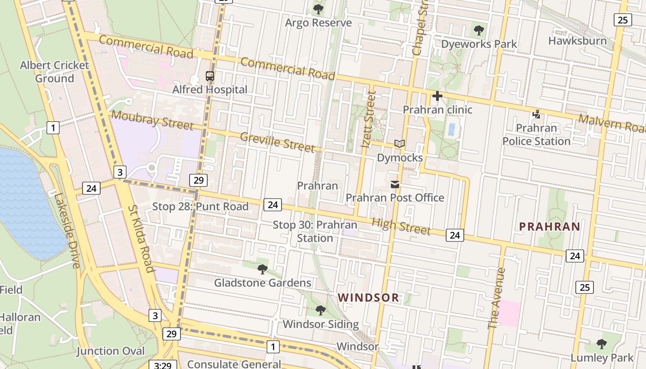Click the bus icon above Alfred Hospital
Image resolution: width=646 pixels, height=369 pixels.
click(210, 76)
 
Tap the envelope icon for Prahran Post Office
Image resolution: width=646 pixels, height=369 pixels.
click(395, 184)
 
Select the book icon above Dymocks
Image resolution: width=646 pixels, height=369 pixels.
click(400, 144)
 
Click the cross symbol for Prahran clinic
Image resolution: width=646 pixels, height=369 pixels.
click(437, 96)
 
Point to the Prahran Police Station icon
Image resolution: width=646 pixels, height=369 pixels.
click(536, 114)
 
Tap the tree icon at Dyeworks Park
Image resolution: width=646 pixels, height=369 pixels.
click(479, 31)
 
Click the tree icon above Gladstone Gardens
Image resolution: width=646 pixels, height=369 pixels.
click(263, 269)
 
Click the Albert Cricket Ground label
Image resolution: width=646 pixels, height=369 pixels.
click(54, 71)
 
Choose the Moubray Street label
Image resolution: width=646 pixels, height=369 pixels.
click(152, 120)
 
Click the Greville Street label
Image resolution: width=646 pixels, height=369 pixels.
click(277, 142)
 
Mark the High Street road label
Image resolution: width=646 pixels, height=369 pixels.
click(401, 226)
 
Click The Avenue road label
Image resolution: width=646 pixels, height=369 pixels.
click(497, 298)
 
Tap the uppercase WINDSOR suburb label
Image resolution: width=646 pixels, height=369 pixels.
click(368, 298)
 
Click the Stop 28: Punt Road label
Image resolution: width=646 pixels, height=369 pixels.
click(200, 206)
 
